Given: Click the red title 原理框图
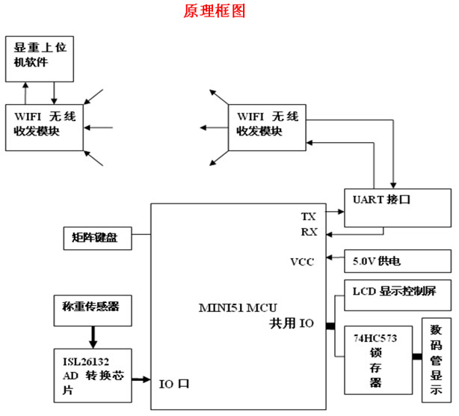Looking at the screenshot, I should point(214,12).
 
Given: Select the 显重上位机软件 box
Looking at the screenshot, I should point(39,58).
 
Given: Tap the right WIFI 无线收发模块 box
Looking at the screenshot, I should point(268,124).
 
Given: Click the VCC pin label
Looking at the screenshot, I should point(303,261).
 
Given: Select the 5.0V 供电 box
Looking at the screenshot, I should point(397,261).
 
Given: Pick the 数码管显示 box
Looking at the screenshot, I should point(436,358).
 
